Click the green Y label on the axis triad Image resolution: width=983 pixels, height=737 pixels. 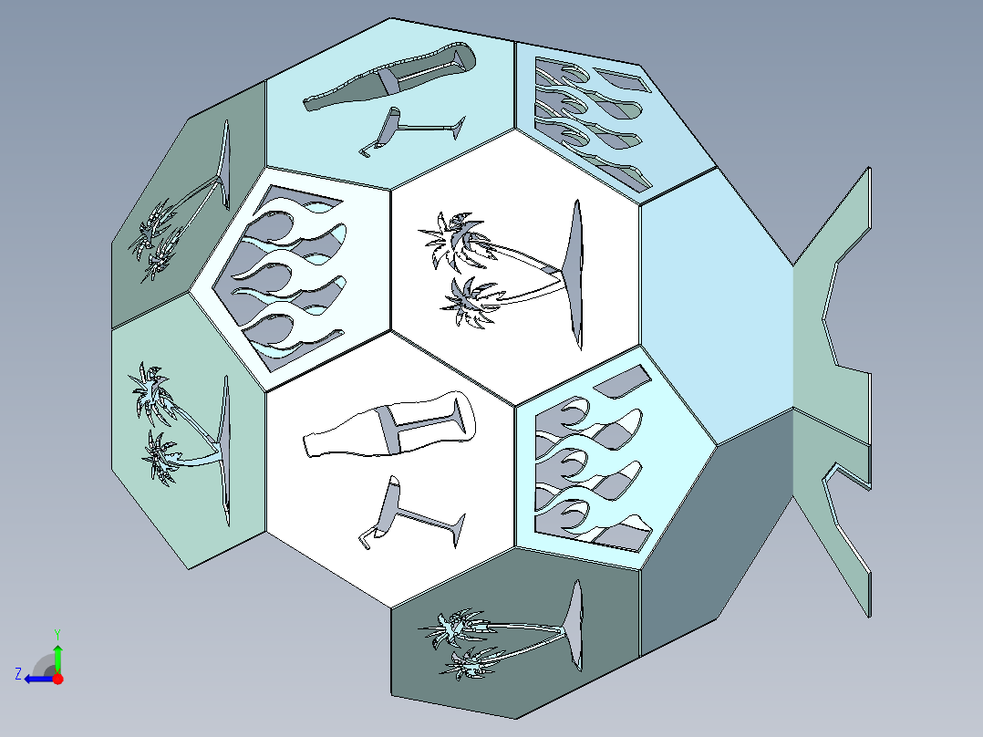[57, 634]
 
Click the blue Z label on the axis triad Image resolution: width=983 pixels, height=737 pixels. [18, 674]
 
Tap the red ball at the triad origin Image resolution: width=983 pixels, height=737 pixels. [57, 679]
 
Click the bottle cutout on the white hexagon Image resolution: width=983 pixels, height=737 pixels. [388, 425]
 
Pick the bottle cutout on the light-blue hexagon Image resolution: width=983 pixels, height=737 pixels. [388, 78]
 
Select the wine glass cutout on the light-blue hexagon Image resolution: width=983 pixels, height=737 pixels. [410, 130]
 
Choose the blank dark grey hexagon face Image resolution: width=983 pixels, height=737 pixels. [717, 539]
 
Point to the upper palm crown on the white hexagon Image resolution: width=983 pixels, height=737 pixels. [454, 242]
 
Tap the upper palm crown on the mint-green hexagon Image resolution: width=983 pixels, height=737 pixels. [150, 392]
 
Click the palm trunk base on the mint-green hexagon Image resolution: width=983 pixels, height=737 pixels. [223, 451]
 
